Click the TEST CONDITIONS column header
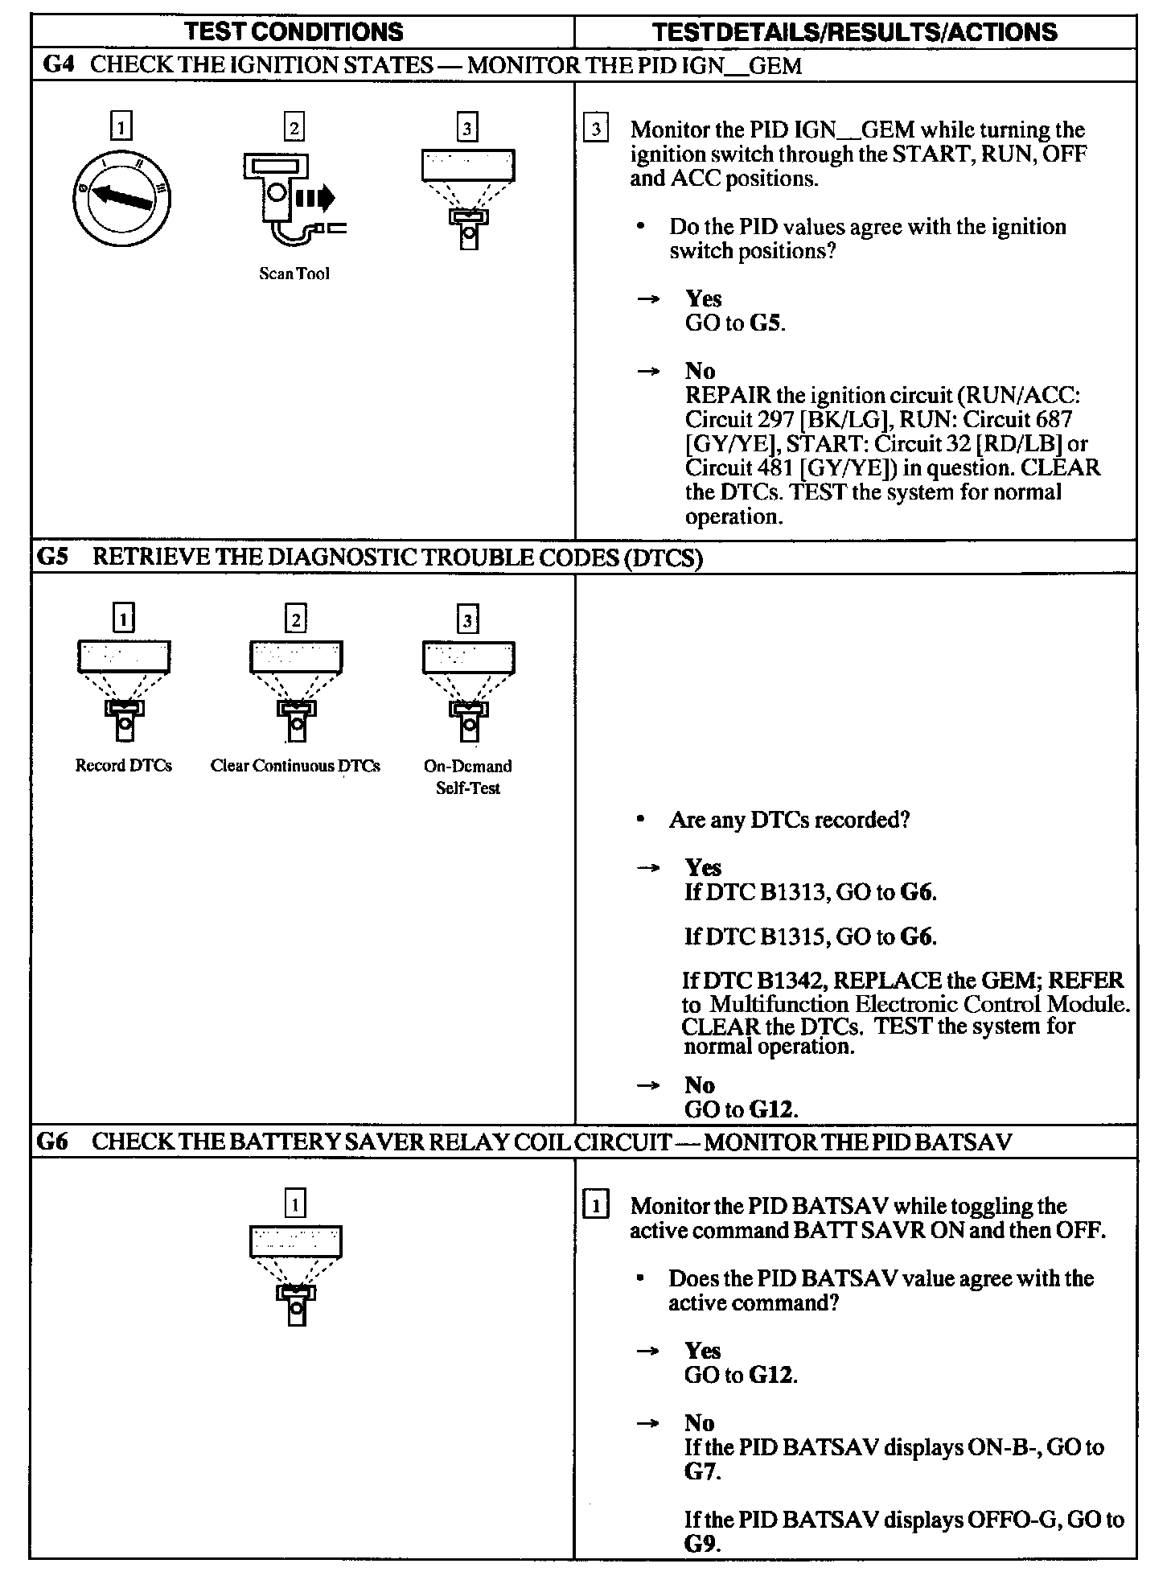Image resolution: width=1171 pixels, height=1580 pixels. click(294, 31)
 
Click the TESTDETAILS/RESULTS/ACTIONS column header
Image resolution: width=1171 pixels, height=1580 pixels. click(854, 31)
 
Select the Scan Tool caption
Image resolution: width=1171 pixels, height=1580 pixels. click(294, 274)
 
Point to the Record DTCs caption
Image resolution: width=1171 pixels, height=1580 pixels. click(123, 765)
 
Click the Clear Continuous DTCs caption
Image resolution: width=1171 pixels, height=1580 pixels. click(295, 765)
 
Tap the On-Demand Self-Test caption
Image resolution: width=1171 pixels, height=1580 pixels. click(468, 776)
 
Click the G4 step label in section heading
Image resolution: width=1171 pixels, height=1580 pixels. click(58, 65)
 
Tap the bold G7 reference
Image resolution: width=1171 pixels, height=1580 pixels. click(701, 1471)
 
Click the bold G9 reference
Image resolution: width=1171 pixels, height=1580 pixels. click(701, 1544)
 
